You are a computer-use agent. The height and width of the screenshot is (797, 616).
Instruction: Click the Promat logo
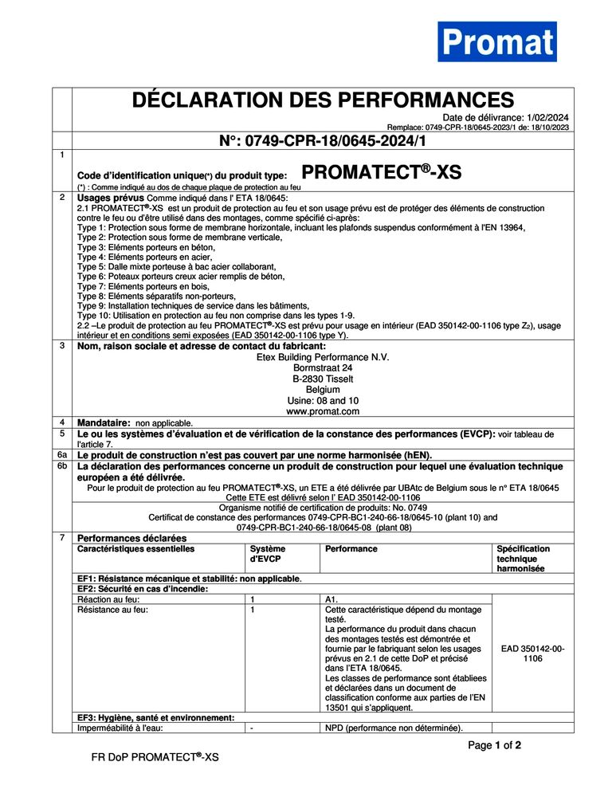coord(496,41)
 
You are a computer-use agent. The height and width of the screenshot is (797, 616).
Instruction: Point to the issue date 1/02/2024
coord(548,117)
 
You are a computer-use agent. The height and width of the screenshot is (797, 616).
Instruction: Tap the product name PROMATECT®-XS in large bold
coord(382,172)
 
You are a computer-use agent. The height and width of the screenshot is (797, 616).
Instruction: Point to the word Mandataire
coord(103,422)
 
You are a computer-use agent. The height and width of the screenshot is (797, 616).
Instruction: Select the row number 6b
coord(62,465)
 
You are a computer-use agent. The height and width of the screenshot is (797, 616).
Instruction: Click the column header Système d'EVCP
coord(267,554)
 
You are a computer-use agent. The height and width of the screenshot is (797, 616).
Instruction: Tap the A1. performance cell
coord(332,599)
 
